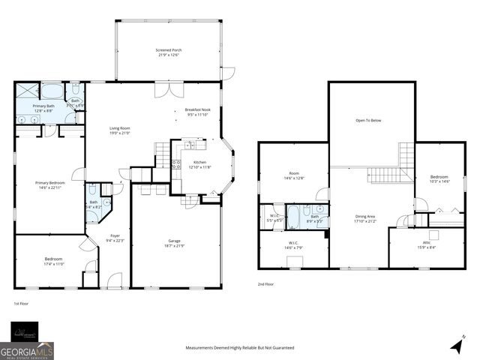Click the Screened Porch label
[170, 52]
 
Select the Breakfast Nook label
[198, 112]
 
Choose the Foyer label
[114, 238]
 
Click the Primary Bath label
[44, 109]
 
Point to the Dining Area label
[365, 219]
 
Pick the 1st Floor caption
[21, 303]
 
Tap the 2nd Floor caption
[265, 284]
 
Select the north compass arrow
[457, 344]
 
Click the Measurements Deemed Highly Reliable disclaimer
[240, 348]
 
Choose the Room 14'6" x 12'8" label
[294, 177]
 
